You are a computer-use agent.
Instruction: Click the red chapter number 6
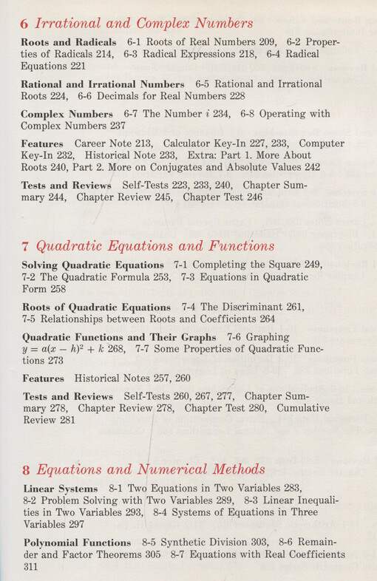(24, 24)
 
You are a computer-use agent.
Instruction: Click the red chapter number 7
(25, 246)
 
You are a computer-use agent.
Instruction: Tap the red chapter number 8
(26, 469)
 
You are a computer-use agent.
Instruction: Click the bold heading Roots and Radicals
(69, 42)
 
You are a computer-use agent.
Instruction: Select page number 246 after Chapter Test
(252, 197)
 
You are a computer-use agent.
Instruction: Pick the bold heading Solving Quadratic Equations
(92, 265)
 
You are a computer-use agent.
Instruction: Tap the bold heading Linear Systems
(61, 488)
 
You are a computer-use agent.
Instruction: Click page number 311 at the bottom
(30, 568)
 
